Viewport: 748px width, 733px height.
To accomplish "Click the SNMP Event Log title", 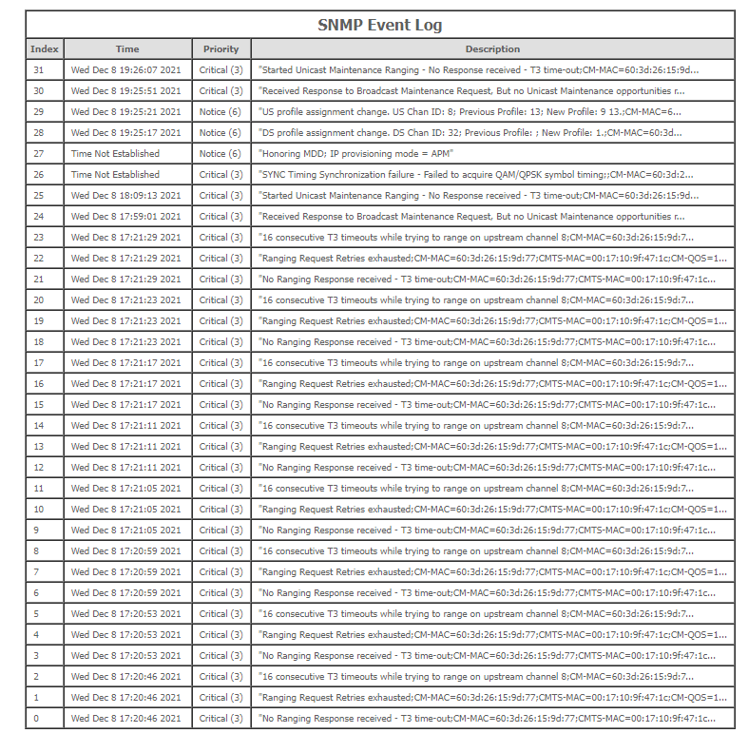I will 379,25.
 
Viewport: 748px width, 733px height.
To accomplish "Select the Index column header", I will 45,48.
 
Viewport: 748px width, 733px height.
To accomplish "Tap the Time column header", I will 127,48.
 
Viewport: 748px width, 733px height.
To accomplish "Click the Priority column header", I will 221,48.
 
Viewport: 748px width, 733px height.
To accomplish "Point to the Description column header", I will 492,48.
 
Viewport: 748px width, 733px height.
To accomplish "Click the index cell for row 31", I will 38,69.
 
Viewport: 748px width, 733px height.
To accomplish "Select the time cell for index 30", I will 126,90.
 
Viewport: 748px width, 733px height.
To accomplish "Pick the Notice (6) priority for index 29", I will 221,111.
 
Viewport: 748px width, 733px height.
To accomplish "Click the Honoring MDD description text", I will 356,153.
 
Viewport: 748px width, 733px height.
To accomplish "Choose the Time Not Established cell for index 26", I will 115,174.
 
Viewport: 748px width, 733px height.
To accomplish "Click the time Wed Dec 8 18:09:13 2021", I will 126,195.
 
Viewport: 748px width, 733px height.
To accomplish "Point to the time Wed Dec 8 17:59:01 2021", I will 126,216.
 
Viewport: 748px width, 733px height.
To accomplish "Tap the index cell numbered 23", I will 38,237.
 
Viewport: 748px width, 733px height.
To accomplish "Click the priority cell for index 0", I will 221,718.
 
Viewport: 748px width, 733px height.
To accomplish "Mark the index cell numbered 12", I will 38,467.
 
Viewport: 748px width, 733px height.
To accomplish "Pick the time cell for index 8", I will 126,550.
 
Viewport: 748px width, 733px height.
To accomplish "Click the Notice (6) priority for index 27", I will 221,153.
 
